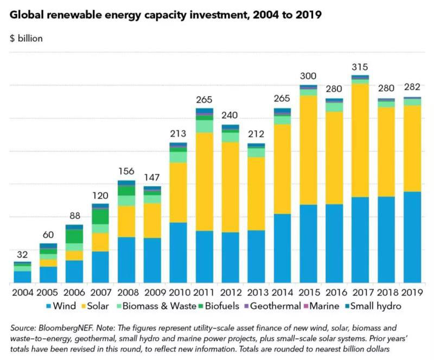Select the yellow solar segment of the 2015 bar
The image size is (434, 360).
click(308, 150)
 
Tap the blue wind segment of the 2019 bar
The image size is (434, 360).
click(412, 237)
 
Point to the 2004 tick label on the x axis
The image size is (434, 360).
click(22, 292)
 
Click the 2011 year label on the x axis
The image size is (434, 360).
click(204, 292)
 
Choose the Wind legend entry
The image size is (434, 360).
click(61, 306)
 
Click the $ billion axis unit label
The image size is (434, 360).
click(26, 39)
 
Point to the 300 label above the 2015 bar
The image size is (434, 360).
click(308, 76)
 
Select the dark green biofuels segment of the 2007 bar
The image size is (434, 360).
click(100, 216)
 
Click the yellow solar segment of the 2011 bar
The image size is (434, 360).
click(204, 181)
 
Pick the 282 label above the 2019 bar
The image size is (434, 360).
click(412, 87)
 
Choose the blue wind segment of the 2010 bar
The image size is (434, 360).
click(178, 252)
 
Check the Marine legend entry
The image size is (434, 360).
click(324, 306)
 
